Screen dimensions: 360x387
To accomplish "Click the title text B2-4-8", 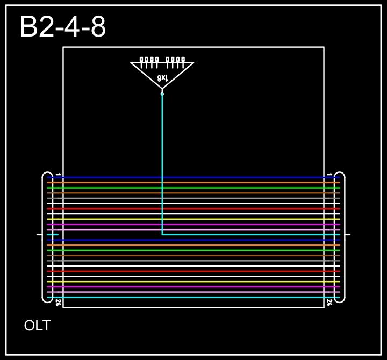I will (x=63, y=27).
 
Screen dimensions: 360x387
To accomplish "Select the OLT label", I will (x=37, y=326).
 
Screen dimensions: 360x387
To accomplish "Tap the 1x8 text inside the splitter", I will (x=162, y=78).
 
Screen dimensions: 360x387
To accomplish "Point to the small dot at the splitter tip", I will (x=162, y=94).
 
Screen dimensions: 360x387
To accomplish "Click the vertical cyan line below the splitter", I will (x=162, y=161).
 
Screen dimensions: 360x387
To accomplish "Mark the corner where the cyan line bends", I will (x=162, y=234).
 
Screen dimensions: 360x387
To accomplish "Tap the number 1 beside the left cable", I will (x=59, y=175).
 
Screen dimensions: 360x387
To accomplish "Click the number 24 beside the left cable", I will (x=58, y=302).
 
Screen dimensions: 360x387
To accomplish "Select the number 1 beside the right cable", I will (x=329, y=175).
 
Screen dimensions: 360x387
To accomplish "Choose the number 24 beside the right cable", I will (x=329, y=302).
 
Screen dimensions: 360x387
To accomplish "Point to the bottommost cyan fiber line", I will (x=193, y=297).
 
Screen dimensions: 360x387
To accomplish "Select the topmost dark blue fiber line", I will (x=193, y=177).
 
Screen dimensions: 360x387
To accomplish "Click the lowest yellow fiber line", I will (x=193, y=282).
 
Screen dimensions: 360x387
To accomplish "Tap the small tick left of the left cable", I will (x=39, y=235).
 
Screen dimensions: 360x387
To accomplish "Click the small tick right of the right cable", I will (x=348, y=235).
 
